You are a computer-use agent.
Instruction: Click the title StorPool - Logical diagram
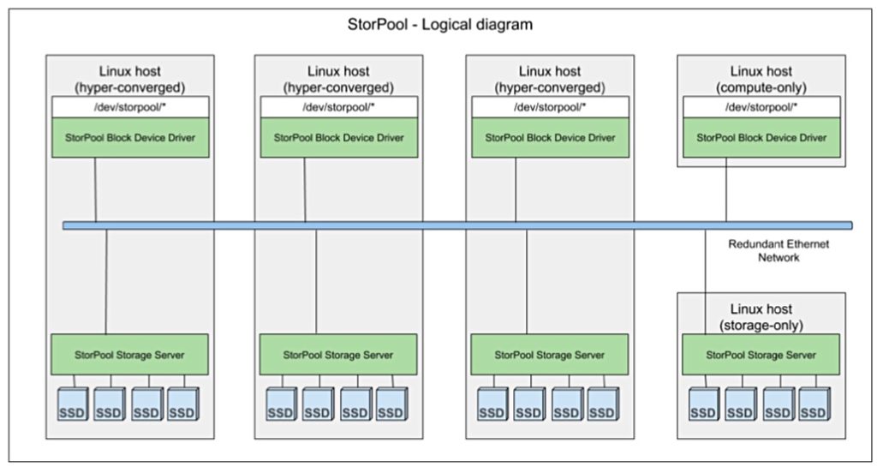coord(439,25)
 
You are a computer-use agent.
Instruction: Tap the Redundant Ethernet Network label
coord(779,250)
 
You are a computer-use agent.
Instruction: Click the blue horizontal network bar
coord(457,225)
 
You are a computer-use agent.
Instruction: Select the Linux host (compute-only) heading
coord(761,79)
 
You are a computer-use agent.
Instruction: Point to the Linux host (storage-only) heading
coord(761,316)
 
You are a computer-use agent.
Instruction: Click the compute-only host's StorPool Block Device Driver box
coord(761,138)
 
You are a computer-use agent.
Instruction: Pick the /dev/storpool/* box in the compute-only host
coord(761,107)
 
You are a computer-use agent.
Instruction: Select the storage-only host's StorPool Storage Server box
coord(761,355)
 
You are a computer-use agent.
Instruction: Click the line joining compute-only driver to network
coord(726,189)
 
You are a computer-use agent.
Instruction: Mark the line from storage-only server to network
coord(705,282)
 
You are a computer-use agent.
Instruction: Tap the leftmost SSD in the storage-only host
coord(703,404)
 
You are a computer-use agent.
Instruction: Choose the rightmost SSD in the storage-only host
coord(814,404)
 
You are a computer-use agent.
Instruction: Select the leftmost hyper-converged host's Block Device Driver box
coord(130,138)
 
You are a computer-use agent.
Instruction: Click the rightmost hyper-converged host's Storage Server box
coord(549,355)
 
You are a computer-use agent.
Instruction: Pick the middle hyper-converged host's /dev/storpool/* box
coord(339,107)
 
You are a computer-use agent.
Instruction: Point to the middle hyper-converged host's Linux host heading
coord(338,79)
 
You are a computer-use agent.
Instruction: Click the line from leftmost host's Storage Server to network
coord(106,282)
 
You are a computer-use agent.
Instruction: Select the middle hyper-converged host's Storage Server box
coord(337,355)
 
